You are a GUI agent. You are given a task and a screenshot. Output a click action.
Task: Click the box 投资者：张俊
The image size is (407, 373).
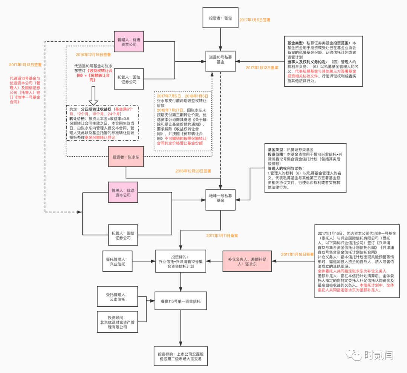pyautogui.click(x=220, y=18)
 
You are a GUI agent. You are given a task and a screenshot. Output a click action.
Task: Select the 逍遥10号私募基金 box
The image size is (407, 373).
pyautogui.click(x=220, y=60)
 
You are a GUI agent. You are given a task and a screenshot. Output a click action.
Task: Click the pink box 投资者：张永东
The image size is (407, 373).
pyautogui.click(x=126, y=156)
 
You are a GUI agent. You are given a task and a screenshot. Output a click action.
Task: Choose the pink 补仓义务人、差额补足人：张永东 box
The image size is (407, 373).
pyautogui.click(x=247, y=261)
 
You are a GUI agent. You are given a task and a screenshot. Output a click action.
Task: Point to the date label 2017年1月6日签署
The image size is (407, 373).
pyautogui.click(x=255, y=19)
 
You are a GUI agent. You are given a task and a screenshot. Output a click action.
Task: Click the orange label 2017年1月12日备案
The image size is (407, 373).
pyautogui.click(x=262, y=68)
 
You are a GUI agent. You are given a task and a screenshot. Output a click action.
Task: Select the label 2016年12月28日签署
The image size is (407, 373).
pyautogui.click(x=193, y=171)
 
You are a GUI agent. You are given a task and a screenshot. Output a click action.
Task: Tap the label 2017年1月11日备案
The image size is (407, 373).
pyautogui.click(x=222, y=235)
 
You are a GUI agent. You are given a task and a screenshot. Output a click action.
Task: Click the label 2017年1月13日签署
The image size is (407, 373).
pyautogui.click(x=25, y=65)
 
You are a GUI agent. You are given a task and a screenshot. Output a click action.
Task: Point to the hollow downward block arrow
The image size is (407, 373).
pyautogui.click(x=93, y=97)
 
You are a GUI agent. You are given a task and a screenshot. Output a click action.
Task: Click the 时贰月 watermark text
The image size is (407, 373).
pyautogui.click(x=379, y=355)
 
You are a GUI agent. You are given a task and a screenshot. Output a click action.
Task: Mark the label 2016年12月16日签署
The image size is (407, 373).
pyautogui.click(x=93, y=54)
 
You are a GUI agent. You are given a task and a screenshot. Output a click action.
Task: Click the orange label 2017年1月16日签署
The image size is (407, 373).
pyautogui.click(x=297, y=255)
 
